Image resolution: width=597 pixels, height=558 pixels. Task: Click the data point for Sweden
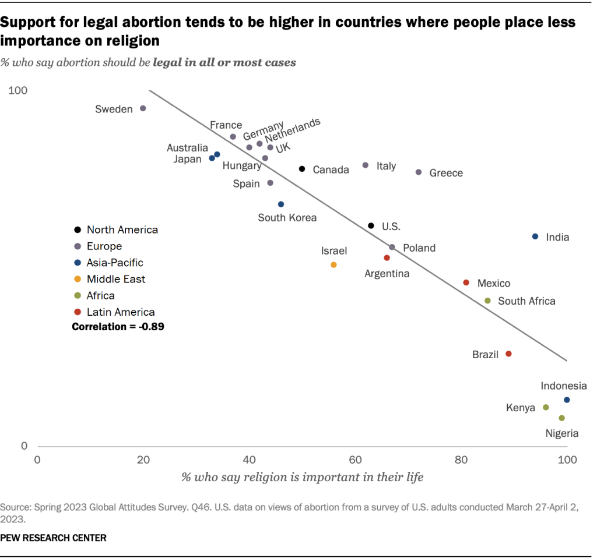(x=143, y=108)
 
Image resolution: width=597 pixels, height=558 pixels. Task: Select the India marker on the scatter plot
(x=535, y=236)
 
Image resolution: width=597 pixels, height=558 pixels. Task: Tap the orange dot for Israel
(x=333, y=264)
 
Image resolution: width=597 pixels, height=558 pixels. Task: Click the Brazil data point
(x=508, y=354)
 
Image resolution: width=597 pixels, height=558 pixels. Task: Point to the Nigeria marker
(x=561, y=418)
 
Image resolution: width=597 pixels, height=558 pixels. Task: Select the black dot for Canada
(x=302, y=169)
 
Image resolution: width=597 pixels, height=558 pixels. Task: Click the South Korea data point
(x=281, y=204)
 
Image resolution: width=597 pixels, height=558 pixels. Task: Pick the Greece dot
(x=419, y=172)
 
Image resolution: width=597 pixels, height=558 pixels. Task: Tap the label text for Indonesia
(x=563, y=386)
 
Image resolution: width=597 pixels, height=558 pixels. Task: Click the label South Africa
(x=526, y=301)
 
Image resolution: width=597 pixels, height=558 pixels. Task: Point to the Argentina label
(x=387, y=273)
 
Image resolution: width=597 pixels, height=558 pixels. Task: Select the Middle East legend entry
(x=115, y=279)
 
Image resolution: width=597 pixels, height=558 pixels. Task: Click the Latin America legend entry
(x=120, y=312)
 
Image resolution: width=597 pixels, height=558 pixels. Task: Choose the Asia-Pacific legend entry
(x=114, y=263)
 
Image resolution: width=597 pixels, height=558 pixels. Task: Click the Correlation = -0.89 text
(x=118, y=327)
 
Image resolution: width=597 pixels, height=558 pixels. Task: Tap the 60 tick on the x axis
(x=355, y=460)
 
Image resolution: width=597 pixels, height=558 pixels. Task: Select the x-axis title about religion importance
(x=302, y=477)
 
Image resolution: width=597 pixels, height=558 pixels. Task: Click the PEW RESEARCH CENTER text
(x=54, y=538)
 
